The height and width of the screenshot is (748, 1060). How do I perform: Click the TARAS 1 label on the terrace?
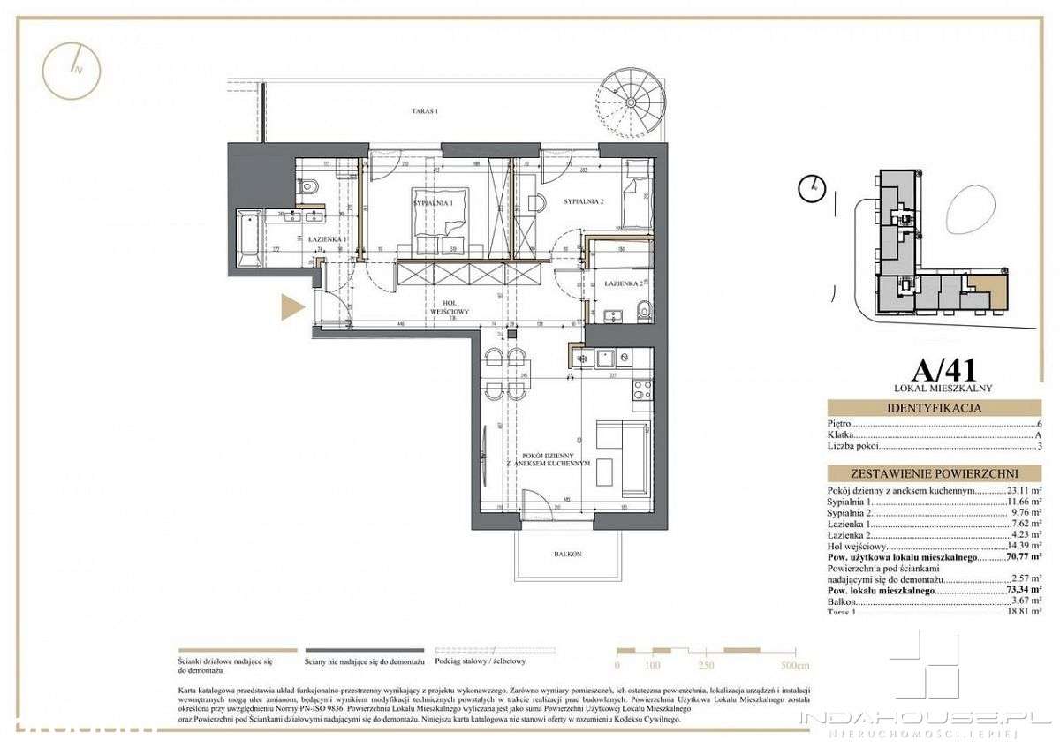tap(424, 112)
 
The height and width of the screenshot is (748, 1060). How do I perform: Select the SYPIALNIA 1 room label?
tap(433, 203)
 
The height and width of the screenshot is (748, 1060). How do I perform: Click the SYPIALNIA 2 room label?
tap(583, 202)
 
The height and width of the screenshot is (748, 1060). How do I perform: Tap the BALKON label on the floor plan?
tap(566, 553)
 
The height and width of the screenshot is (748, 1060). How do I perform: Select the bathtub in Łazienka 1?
tap(248, 240)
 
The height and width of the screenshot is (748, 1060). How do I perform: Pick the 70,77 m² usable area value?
tap(1023, 557)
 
